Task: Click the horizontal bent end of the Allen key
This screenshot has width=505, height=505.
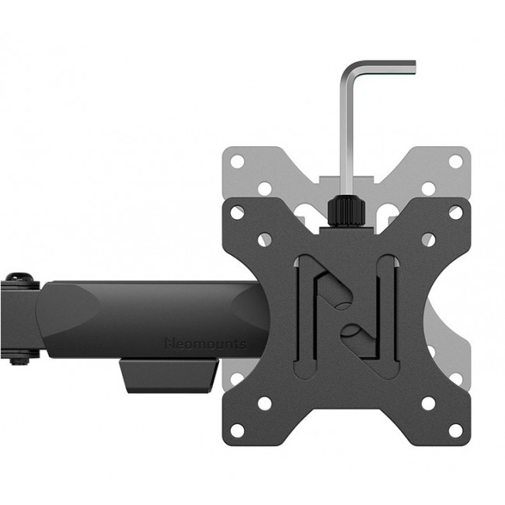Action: tap(380, 67)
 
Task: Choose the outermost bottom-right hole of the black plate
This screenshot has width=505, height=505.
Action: tap(454, 428)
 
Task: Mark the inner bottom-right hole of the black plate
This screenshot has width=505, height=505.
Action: tap(427, 402)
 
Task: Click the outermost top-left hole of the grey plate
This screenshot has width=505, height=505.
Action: tap(238, 161)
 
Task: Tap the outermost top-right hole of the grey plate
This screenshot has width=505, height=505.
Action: tap(455, 161)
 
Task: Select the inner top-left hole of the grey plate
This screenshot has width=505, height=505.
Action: tap(265, 188)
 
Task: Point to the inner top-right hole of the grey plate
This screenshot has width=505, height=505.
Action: tap(427, 188)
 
